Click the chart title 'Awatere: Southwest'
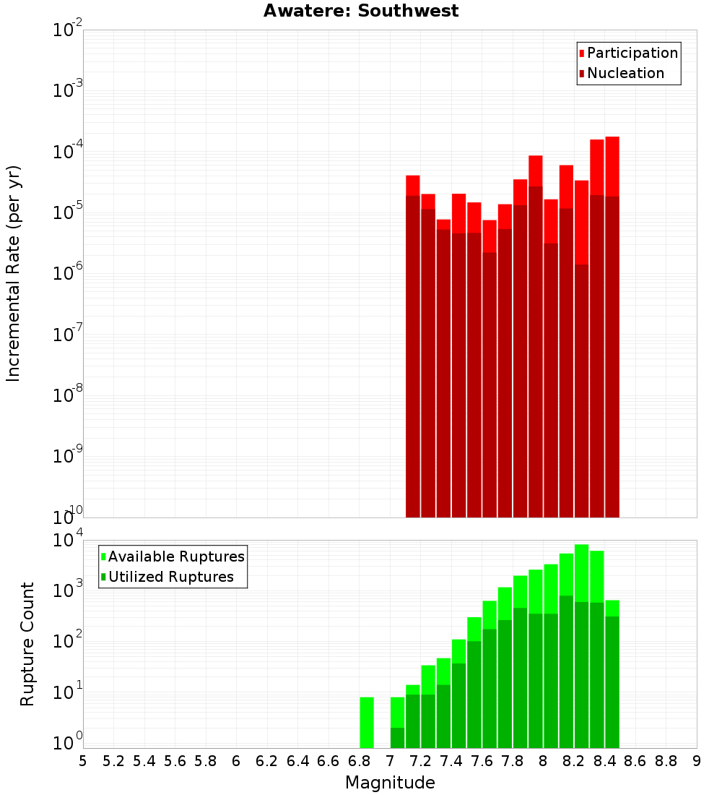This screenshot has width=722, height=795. pos(360,11)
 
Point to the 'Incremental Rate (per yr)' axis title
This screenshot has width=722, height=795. pos(14,273)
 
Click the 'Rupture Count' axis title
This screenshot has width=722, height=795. pos(27,644)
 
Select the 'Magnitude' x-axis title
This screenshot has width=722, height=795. pos(390,783)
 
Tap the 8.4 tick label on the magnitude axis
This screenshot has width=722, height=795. pos(604,761)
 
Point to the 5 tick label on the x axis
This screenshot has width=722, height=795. pos(83,761)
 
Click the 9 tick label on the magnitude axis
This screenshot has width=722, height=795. pos(697,761)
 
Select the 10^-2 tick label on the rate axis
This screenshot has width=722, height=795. pos(68,31)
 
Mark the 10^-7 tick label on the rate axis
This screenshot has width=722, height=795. pos(68,335)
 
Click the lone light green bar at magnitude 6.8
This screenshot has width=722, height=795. pos(367,722)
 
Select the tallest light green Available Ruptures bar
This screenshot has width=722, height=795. pos(582,571)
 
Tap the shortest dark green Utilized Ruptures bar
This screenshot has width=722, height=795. pos(397,737)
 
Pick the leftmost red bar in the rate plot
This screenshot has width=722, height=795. pos(413,347)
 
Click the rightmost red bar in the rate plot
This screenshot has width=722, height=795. pos(612,325)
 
